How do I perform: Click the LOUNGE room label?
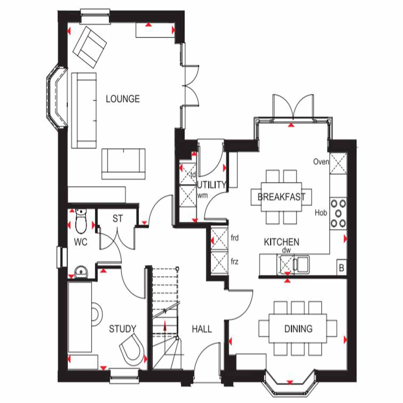click(123, 99)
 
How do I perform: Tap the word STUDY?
click(123, 329)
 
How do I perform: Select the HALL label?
click(202, 329)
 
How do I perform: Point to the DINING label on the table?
click(298, 329)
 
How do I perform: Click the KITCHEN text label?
click(282, 242)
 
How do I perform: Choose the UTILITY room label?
click(211, 185)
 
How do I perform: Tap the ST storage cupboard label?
click(118, 219)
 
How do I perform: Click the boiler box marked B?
click(341, 268)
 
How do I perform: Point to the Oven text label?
click(321, 162)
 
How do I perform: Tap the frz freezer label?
click(234, 261)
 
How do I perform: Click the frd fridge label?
click(235, 238)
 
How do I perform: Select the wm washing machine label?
click(202, 196)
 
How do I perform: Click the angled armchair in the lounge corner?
click(90, 47)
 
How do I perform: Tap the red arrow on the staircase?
click(165, 326)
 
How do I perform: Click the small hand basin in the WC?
click(81, 272)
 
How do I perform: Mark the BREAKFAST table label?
click(281, 197)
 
